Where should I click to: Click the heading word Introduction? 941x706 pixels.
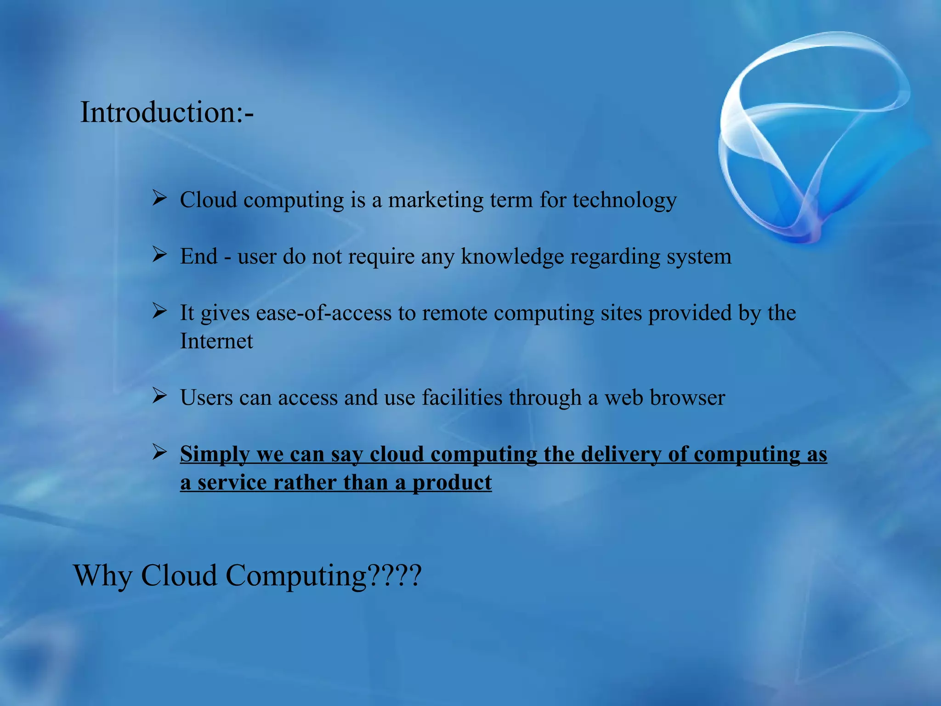(159, 112)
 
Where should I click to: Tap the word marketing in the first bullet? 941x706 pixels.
(436, 200)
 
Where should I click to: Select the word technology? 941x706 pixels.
(624, 200)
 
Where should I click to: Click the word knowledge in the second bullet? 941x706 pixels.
(512, 256)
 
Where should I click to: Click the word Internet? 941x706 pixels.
(216, 341)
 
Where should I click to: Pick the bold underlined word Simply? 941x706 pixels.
(215, 455)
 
